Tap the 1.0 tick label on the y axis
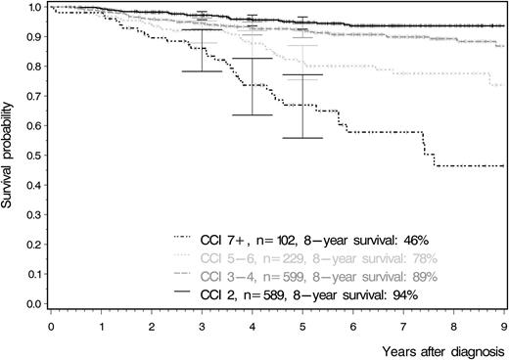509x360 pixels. coord(34,8)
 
